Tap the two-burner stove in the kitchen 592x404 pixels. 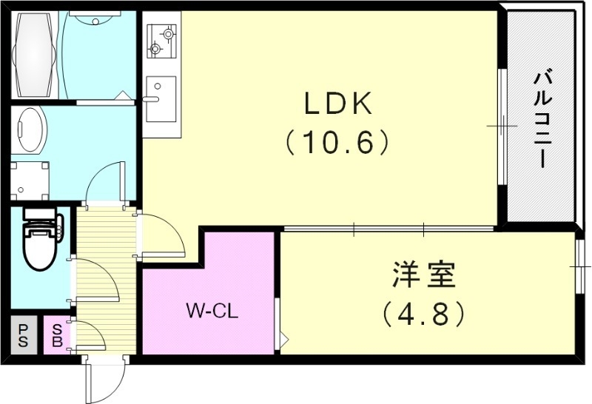point(162,41)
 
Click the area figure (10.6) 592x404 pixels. point(337,141)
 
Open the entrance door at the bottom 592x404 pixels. point(101,379)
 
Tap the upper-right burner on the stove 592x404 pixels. point(169,33)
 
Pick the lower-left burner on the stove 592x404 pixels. point(155,50)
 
